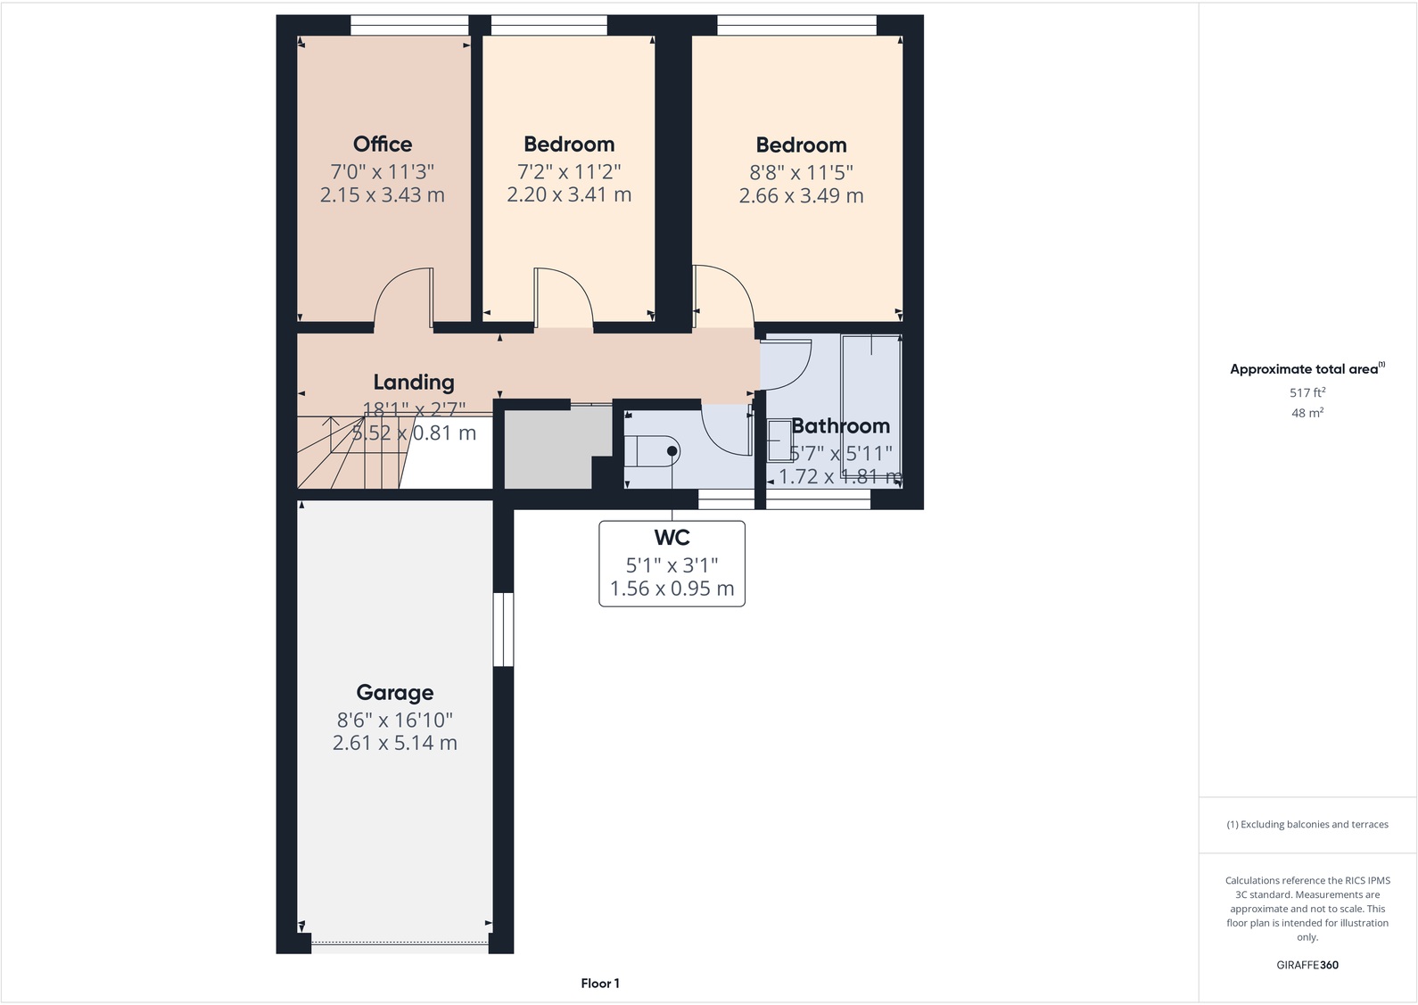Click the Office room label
(x=383, y=144)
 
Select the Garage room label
(x=394, y=693)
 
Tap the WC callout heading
(x=672, y=538)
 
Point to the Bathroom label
(x=840, y=426)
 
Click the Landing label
(x=413, y=383)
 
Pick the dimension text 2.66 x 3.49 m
(x=801, y=196)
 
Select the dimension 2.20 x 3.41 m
(x=569, y=195)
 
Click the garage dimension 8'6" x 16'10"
(x=394, y=720)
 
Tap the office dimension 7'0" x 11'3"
(x=383, y=171)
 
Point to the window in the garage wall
(x=504, y=630)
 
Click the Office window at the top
(x=409, y=26)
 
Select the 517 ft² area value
(x=1307, y=392)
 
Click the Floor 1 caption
(x=600, y=984)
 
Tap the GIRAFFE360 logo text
(x=1307, y=965)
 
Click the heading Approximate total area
(x=1304, y=369)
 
